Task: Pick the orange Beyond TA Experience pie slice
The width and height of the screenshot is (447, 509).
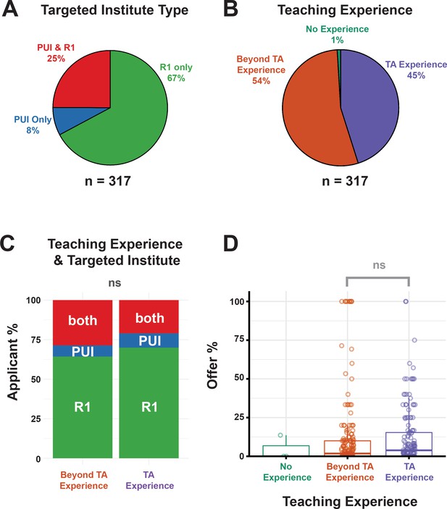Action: [x=312, y=110]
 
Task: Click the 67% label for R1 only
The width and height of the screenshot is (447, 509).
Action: [x=176, y=78]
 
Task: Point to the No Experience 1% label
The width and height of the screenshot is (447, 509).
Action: [x=337, y=35]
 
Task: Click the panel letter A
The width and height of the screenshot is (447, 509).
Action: [x=9, y=9]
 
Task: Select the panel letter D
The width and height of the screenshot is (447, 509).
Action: [x=230, y=244]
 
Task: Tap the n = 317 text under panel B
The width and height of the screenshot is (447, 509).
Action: [x=345, y=181]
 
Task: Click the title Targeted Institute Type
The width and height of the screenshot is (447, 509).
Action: [x=114, y=10]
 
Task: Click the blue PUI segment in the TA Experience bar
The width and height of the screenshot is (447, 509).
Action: [x=149, y=340]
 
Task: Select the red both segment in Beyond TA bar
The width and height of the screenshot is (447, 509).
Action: [x=83, y=323]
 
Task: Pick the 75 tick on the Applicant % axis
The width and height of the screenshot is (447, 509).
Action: [x=35, y=340]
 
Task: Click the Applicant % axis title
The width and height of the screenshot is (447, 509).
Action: [x=12, y=362]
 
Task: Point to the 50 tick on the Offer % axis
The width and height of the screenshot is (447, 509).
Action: [x=239, y=379]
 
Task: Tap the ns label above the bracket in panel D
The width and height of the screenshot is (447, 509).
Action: [x=379, y=265]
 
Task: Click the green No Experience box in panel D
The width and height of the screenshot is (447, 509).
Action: [x=286, y=450]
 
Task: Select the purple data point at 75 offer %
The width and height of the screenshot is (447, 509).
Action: [x=414, y=340]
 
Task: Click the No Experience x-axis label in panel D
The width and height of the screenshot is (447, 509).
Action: [x=287, y=472]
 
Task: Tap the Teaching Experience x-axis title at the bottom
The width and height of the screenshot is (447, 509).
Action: [x=350, y=501]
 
